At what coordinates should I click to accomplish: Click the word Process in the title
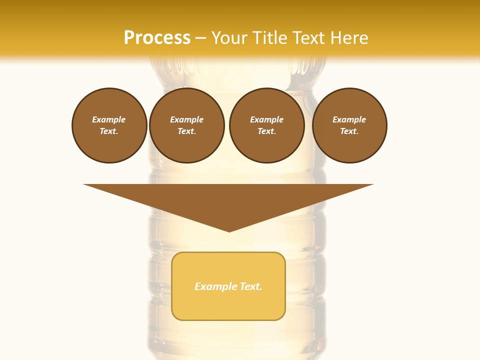point(157,38)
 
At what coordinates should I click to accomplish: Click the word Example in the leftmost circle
point(109,119)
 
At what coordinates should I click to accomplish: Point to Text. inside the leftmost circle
point(109,131)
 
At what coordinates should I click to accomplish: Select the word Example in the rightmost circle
point(349,119)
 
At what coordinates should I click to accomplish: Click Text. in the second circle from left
point(187,131)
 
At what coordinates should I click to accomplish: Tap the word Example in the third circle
point(267,119)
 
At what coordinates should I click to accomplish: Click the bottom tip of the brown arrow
point(229,230)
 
